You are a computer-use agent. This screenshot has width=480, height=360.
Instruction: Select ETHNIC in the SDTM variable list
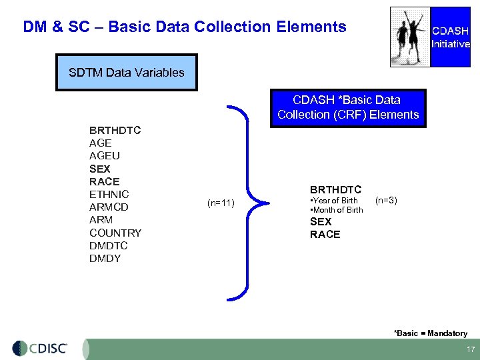click(109, 195)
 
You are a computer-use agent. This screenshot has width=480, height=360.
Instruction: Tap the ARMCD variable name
click(109, 207)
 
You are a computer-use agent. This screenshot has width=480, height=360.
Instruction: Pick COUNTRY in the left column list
click(115, 233)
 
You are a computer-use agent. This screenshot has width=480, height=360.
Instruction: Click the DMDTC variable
click(108, 246)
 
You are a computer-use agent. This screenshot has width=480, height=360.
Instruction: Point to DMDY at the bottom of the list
click(105, 259)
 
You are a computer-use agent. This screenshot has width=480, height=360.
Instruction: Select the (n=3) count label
click(386, 199)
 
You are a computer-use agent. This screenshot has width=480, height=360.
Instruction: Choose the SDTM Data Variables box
click(127, 73)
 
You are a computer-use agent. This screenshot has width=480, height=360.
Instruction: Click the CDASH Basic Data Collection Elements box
click(347, 107)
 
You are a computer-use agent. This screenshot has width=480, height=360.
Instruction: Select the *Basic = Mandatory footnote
click(430, 333)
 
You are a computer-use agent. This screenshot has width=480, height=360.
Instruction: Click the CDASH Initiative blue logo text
click(451, 37)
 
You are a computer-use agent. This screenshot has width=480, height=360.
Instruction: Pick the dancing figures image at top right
click(410, 37)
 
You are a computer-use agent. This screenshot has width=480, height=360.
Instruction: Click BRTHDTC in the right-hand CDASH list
click(335, 190)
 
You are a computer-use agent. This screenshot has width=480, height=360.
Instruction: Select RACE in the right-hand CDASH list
click(325, 235)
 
